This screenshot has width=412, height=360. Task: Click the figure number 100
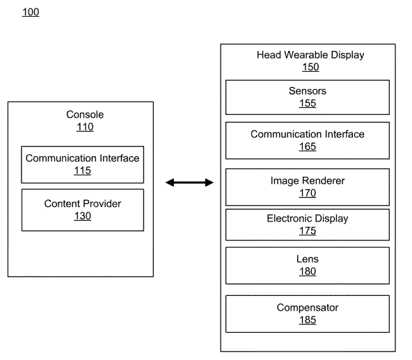31,12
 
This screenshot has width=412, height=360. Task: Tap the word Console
85,114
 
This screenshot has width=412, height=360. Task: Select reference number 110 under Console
85,127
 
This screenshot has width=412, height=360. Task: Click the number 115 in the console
83,171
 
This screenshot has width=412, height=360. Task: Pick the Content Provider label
83,203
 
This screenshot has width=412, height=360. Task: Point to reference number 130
83,216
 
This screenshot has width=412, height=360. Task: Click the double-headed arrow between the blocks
189,182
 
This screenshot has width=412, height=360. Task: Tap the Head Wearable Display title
310,55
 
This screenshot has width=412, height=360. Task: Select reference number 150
310,67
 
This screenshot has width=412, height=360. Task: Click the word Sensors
308,91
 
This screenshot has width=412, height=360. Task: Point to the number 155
308,103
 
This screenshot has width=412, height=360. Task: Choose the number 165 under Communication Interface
308,147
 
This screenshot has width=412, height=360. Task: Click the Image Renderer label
308,180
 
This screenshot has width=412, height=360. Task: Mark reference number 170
308,194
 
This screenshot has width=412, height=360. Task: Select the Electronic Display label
308,219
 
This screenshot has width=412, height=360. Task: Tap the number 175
308,231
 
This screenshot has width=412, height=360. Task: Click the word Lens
308,259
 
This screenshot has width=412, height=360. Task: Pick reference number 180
308,272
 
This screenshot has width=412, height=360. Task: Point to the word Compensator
308,308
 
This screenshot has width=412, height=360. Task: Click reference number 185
308,320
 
